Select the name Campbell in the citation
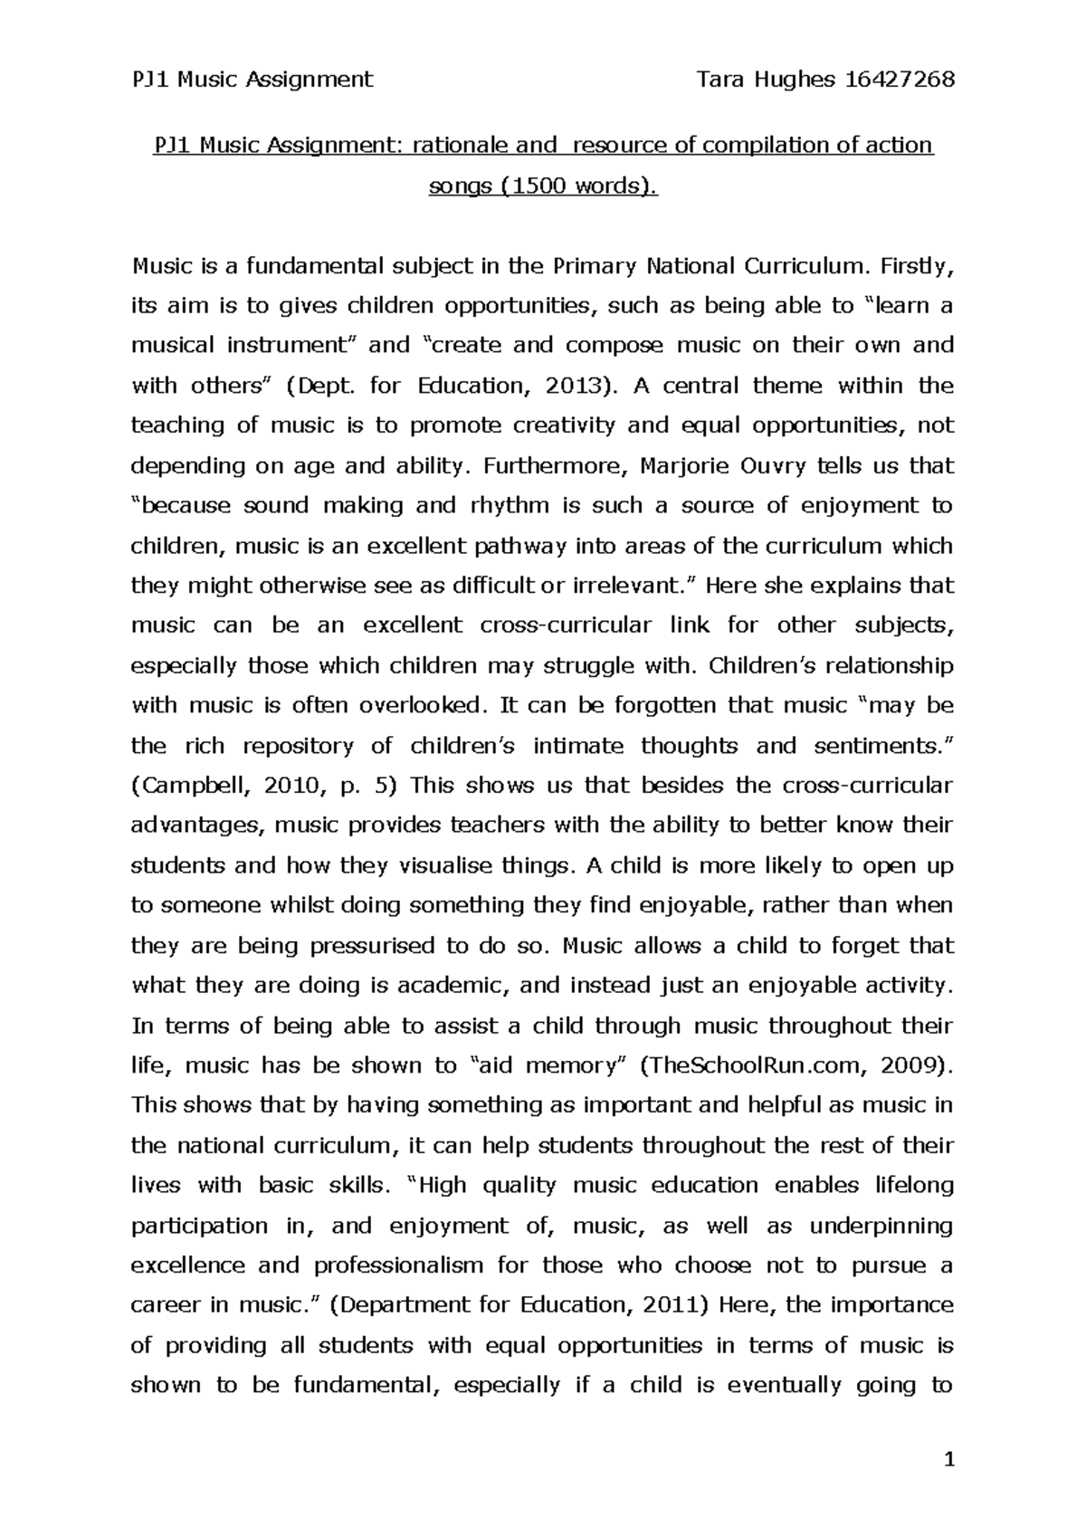[x=190, y=786]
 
